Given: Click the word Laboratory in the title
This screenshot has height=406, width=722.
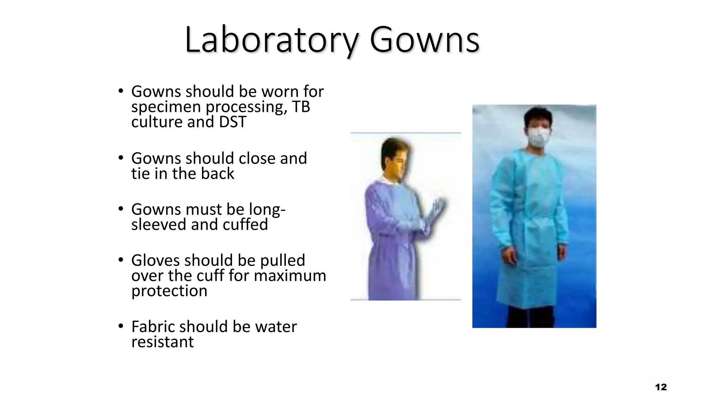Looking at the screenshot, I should click(271, 39).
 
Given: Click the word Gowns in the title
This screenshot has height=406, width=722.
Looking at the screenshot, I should click(424, 39).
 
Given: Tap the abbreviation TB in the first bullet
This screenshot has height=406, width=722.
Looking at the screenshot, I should click(301, 107).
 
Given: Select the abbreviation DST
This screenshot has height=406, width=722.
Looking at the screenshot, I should click(232, 122).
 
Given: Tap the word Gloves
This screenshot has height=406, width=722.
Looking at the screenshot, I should click(155, 260).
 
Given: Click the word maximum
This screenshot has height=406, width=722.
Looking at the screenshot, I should click(290, 276).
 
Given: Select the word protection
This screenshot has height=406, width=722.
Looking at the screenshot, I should click(169, 291).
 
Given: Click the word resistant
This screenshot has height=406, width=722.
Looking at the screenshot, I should click(163, 342).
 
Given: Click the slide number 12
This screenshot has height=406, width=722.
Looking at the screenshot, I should click(661, 387).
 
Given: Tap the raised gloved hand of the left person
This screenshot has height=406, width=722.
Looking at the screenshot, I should click(437, 211).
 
